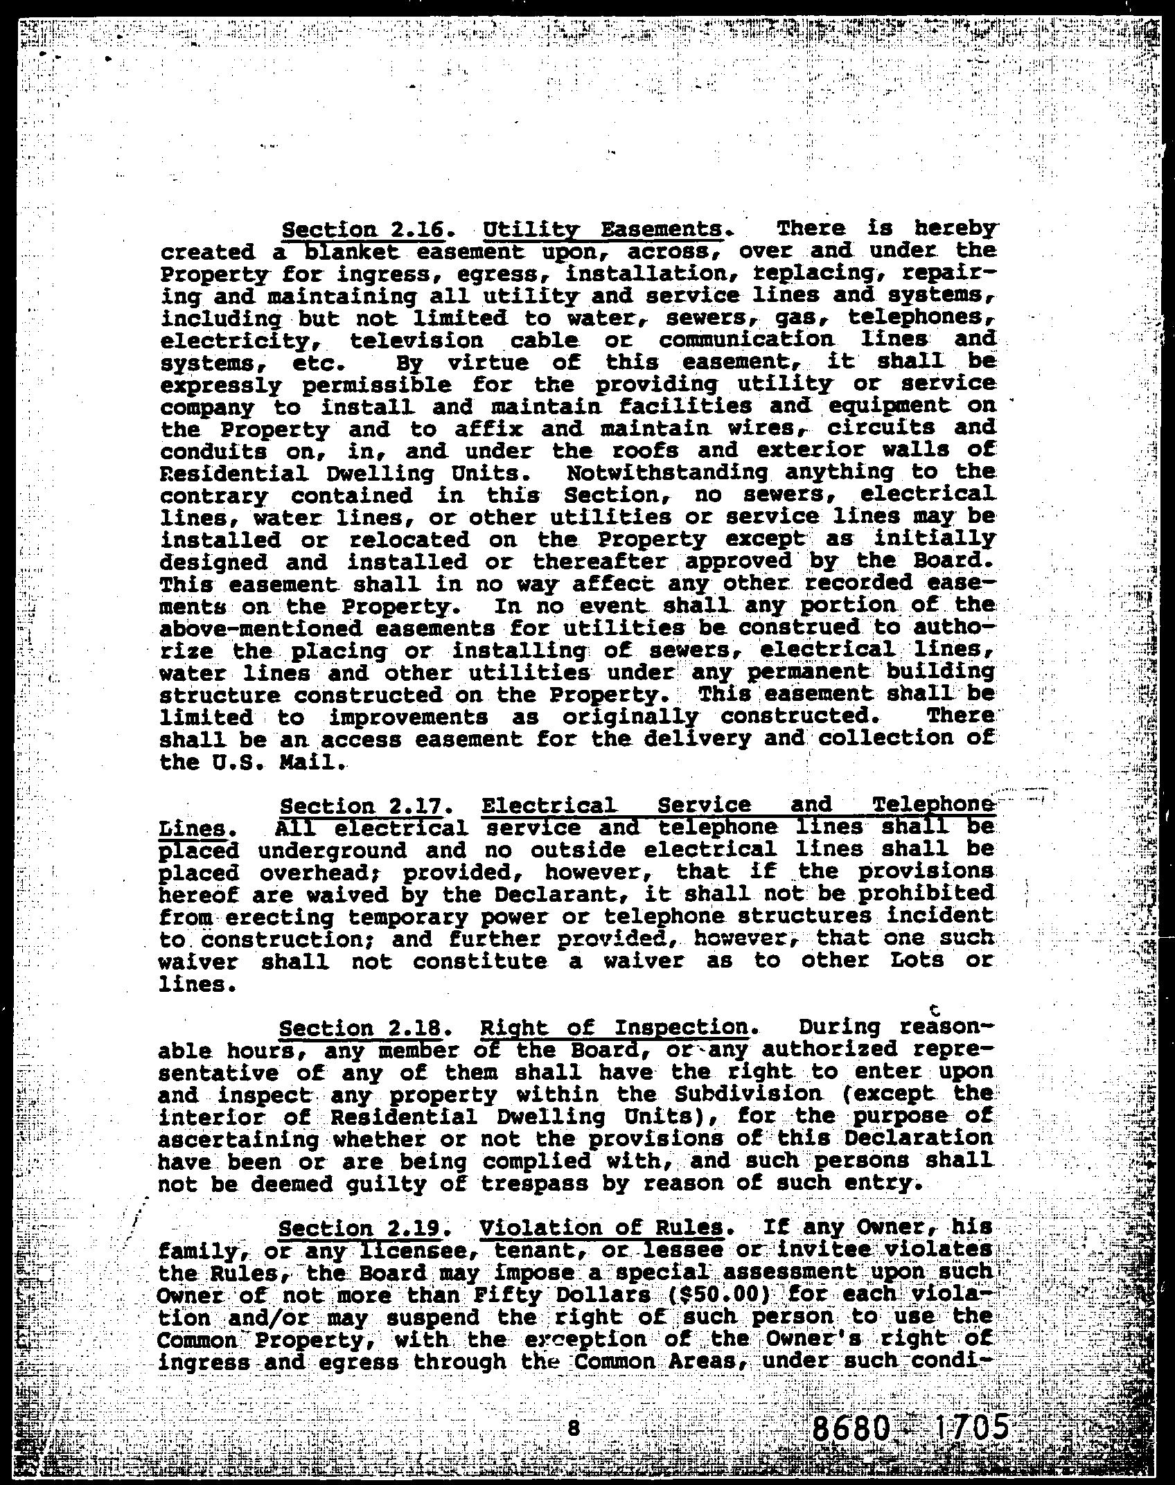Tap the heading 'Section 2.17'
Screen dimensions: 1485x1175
click(360, 806)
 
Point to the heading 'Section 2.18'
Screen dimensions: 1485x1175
click(360, 1028)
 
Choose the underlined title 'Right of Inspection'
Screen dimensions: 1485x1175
click(615, 1028)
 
